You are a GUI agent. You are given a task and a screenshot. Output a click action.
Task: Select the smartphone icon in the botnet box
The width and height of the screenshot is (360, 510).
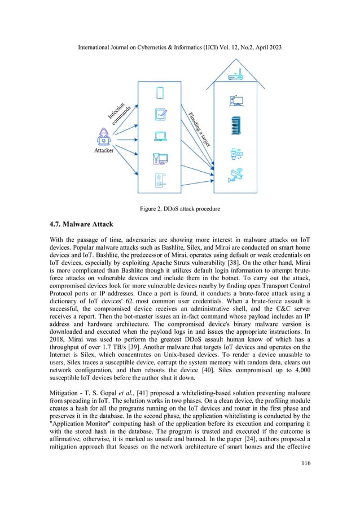click(x=160, y=92)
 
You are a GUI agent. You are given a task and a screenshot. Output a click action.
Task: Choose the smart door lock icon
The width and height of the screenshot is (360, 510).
click(x=160, y=181)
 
